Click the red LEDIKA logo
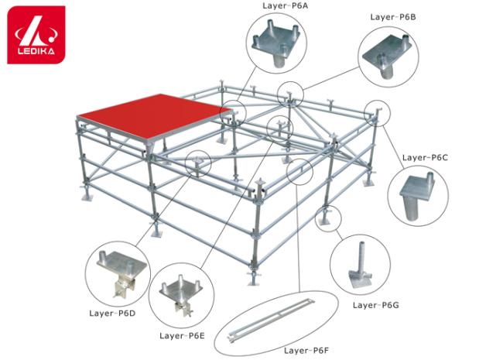tap(36, 35)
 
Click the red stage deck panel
tap(154, 117)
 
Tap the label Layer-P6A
tap(286, 5)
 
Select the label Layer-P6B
tap(393, 17)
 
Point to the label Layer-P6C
tap(425, 157)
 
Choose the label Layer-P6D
tap(112, 313)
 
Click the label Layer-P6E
tap(182, 336)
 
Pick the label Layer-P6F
tap(306, 351)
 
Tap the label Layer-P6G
tap(375, 305)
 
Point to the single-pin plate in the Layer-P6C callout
tap(416, 196)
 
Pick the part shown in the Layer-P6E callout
tap(181, 294)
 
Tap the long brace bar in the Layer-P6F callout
tap(271, 321)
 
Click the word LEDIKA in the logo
tap(36, 51)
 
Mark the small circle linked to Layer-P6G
tap(328, 218)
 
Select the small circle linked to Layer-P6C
tap(378, 113)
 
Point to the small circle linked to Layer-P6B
tap(290, 94)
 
